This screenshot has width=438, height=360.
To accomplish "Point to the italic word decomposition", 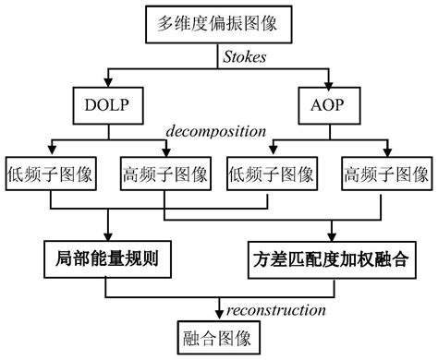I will [x=215, y=131].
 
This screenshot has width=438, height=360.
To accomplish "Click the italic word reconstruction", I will [x=268, y=309].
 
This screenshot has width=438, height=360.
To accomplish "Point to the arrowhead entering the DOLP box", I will [x=110, y=83].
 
